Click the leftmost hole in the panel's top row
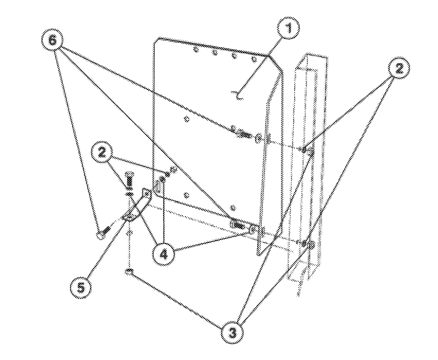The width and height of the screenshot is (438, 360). [x=196, y=50]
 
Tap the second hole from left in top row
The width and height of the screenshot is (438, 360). [x=215, y=53]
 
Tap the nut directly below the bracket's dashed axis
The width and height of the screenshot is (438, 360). [x=129, y=272]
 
